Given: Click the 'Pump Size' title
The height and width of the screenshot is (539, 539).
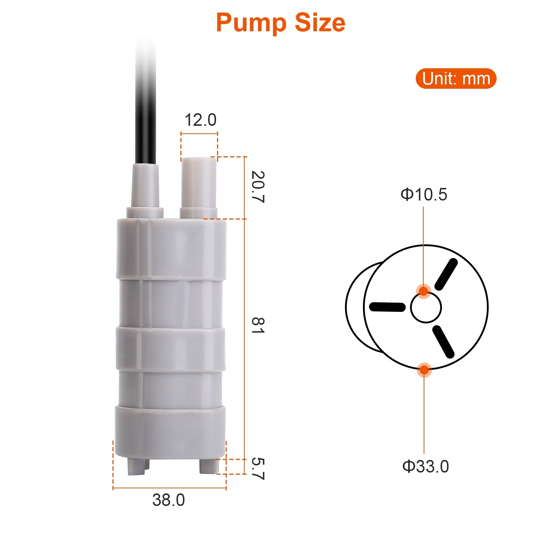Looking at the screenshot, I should (x=280, y=23).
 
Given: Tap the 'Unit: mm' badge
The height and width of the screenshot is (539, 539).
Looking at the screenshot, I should (x=456, y=79).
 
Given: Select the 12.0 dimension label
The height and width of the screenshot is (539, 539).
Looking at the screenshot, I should (x=200, y=120).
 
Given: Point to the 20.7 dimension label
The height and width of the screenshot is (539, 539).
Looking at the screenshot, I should (x=258, y=187).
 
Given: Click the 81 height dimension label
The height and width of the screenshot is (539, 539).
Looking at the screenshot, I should (x=258, y=326).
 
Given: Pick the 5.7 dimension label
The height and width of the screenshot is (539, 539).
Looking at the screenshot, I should (x=258, y=469).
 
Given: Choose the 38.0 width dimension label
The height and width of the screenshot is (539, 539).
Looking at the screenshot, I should (x=169, y=500).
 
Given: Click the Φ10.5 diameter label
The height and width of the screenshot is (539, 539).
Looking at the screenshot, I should (x=424, y=194).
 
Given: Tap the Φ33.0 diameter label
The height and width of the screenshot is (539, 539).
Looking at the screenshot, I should (x=425, y=466).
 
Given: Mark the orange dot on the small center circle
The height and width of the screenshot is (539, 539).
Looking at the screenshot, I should (x=424, y=291).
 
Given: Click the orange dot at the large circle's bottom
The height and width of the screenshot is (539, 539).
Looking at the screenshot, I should (x=424, y=369).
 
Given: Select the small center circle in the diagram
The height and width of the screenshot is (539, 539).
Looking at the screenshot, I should (x=426, y=308).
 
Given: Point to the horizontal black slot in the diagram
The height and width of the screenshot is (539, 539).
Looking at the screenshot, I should (x=387, y=307).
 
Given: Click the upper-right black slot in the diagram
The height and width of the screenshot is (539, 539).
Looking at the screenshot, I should (x=446, y=275).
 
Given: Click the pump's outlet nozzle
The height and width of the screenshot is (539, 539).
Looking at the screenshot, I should (x=199, y=187).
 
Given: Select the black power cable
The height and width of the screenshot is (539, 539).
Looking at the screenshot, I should (x=146, y=108).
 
